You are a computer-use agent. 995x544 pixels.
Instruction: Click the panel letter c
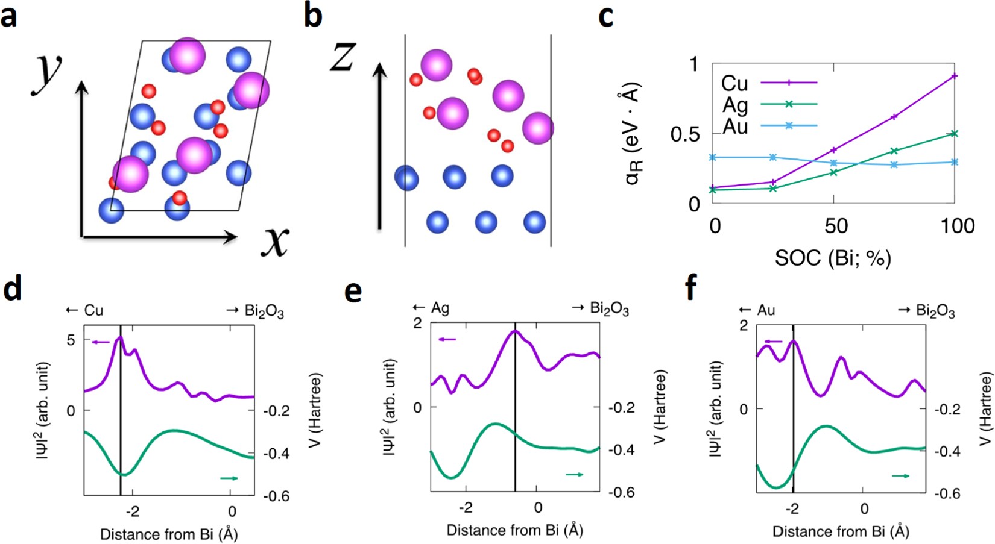pyautogui.click(x=605, y=16)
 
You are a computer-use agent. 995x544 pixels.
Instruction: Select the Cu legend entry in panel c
pyautogui.click(x=734, y=83)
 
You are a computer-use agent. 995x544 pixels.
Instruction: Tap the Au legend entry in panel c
pyautogui.click(x=735, y=127)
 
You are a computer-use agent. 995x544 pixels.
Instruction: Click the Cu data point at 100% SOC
pyautogui.click(x=954, y=77)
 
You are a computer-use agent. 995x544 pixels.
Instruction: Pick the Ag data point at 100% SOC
pyautogui.click(x=954, y=134)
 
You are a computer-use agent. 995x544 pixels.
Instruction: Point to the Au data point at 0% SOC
pyautogui.click(x=713, y=158)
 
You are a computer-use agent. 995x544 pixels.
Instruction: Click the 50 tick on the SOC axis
pyautogui.click(x=835, y=227)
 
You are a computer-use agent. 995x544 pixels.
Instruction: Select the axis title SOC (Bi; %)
pyautogui.click(x=833, y=258)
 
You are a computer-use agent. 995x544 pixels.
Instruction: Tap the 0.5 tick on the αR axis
pyautogui.click(x=685, y=134)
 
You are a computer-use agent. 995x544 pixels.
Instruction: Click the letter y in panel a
pyautogui.click(x=46, y=72)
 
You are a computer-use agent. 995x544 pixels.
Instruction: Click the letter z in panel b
pyautogui.click(x=343, y=58)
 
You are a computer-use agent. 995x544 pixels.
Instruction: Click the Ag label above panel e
pyautogui.click(x=440, y=308)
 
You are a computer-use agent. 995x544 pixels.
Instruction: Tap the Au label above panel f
pyautogui.click(x=766, y=310)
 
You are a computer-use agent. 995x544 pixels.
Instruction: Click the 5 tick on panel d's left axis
pyautogui.click(x=71, y=340)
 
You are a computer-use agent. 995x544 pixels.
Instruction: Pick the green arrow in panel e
pyautogui.click(x=574, y=475)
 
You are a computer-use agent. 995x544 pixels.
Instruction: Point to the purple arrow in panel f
pyautogui.click(x=773, y=342)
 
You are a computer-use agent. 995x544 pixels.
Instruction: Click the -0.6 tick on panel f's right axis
pyautogui.click(x=947, y=493)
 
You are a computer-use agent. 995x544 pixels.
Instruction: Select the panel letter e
pyautogui.click(x=353, y=292)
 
